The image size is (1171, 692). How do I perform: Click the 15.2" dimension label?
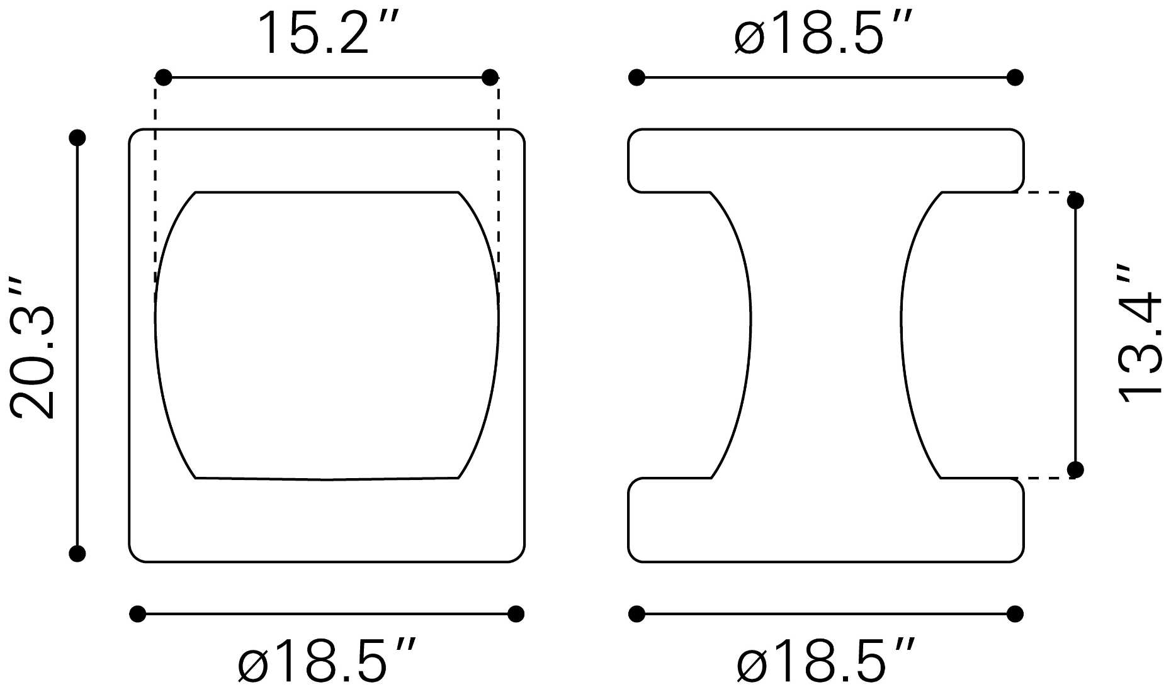click(x=328, y=32)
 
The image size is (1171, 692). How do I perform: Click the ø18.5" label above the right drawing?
click(x=823, y=32)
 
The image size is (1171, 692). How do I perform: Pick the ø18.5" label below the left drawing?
click(x=327, y=660)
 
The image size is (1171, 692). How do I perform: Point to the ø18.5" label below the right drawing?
click(x=825, y=660)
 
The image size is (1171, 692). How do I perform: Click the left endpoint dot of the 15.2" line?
click(x=163, y=77)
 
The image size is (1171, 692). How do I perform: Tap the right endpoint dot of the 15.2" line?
click(x=490, y=77)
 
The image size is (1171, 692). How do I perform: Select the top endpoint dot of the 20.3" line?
click(x=77, y=138)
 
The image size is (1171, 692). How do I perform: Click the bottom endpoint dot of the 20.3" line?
click(x=77, y=554)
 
